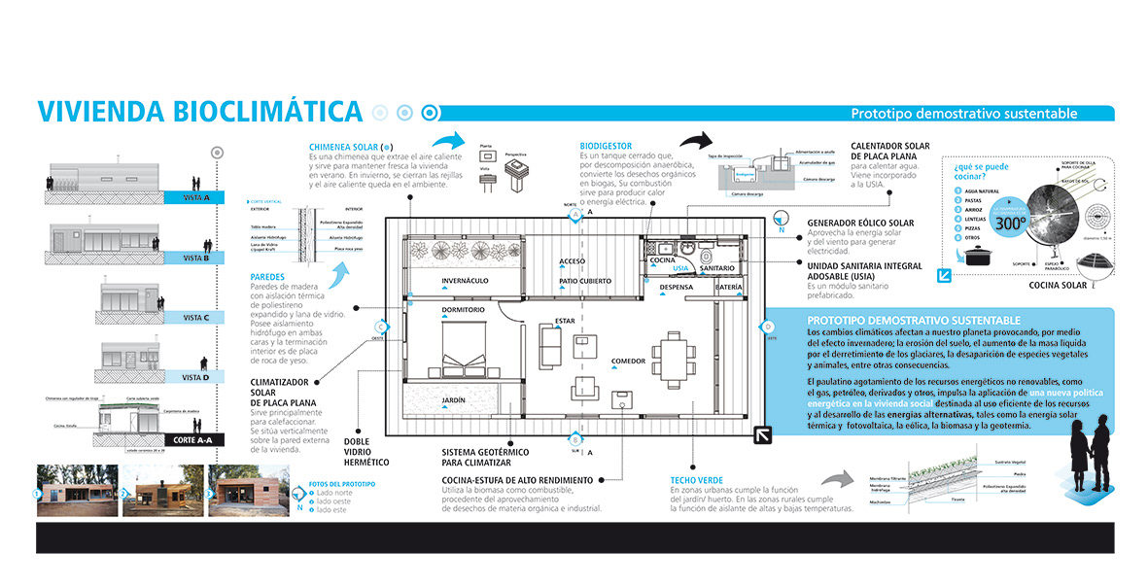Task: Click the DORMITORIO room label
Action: pos(463,309)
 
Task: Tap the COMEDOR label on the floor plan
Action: pos(628,362)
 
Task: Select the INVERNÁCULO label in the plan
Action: pos(465,281)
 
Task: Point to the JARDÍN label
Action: pos(454,399)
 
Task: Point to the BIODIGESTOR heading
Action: pos(605,147)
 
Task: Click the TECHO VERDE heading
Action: pos(696,480)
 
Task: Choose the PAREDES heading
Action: pos(267,276)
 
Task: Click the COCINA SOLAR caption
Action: pos(1059,286)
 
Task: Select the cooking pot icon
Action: pos(975,256)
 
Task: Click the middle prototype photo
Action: pos(159,492)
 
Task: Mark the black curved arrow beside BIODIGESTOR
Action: pos(700,143)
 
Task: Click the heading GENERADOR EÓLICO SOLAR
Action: pos(860,224)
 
